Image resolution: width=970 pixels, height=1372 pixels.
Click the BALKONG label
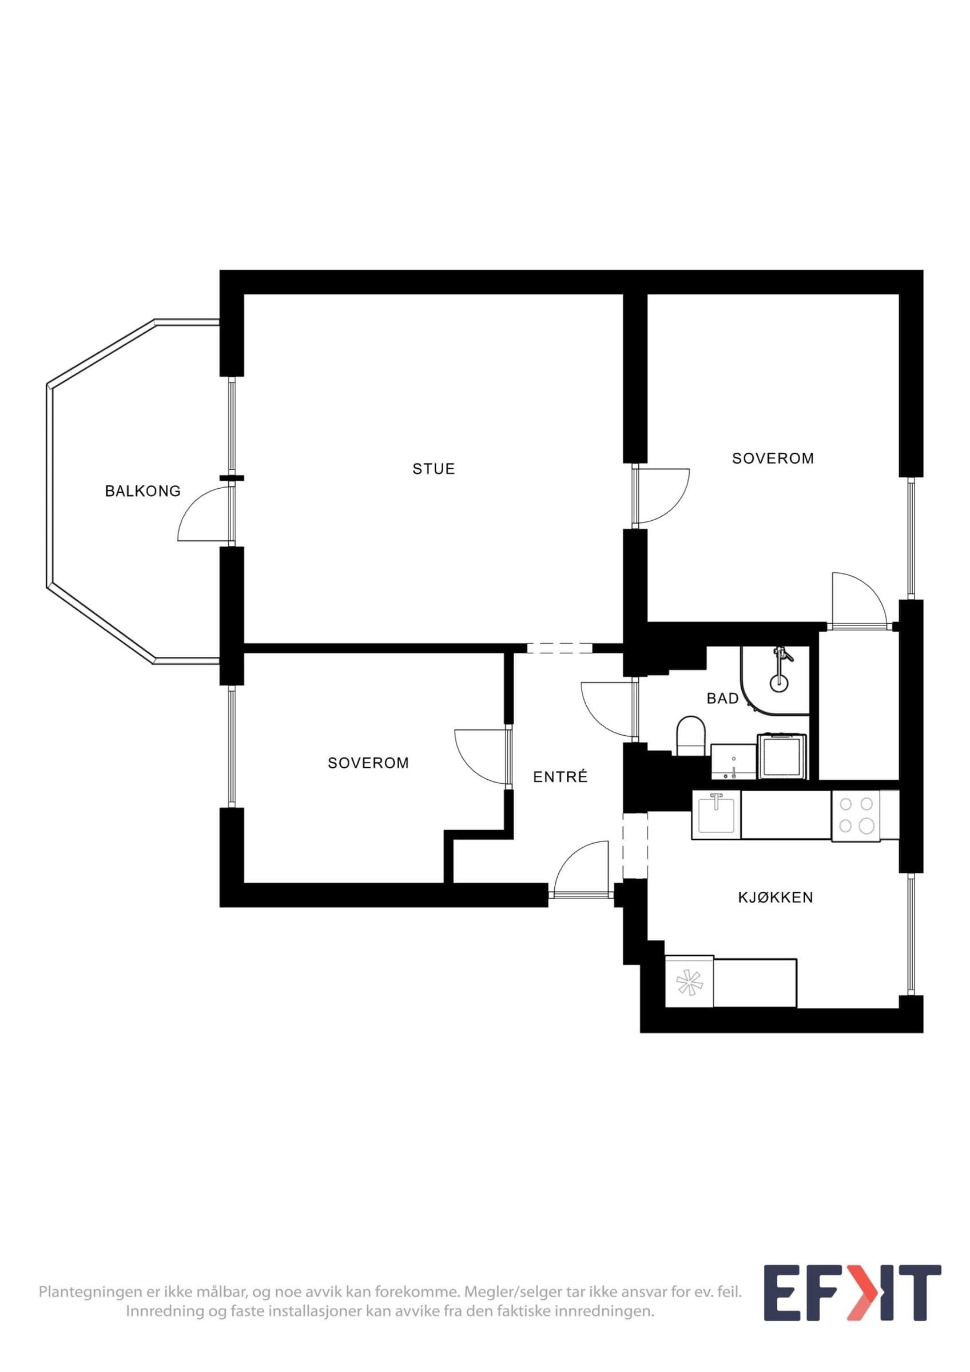[x=142, y=491]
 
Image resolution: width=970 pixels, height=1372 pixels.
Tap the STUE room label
[x=434, y=469]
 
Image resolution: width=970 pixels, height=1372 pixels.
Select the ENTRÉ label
[x=560, y=776]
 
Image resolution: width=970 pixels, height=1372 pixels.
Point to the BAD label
[x=722, y=698]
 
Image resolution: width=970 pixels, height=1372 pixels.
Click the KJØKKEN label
[x=775, y=898]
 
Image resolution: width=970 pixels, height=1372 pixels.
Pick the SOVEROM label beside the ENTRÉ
[x=368, y=763]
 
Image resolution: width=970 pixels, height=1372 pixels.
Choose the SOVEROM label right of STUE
[x=773, y=458]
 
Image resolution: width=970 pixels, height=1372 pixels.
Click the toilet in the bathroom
[x=691, y=736]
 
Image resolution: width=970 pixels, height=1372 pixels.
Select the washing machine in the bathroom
[x=783, y=756]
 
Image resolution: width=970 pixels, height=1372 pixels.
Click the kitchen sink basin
[x=717, y=813]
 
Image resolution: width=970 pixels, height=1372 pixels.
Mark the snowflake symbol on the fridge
[x=689, y=982]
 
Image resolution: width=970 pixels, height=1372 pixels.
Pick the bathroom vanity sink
[x=733, y=762]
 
